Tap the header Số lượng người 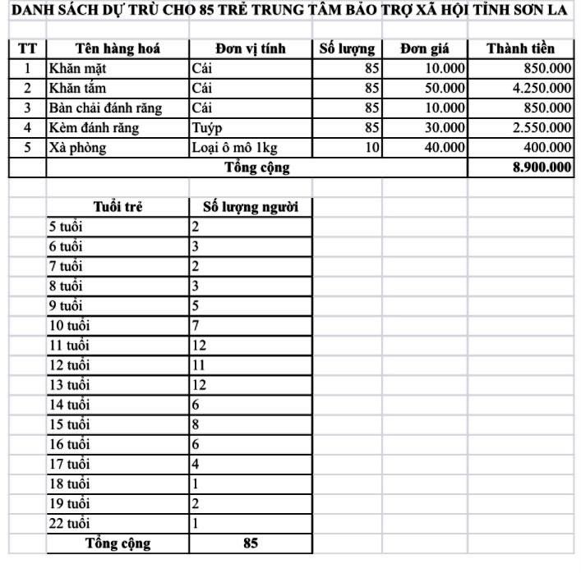250,207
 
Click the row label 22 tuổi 69,523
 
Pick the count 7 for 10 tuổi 196,325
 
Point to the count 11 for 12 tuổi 198,364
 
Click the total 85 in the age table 251,543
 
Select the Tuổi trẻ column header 118,207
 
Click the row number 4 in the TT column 27,128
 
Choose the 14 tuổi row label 69,404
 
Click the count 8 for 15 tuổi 196,424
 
